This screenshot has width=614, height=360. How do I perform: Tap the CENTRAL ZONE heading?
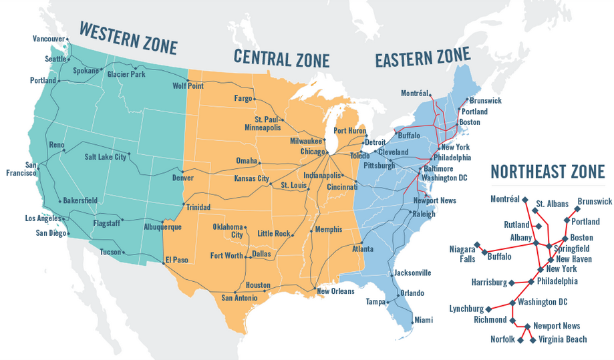coord(281,58)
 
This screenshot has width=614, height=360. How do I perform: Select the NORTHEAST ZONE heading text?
coord(547,171)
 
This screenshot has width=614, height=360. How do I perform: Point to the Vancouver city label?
coord(49,39)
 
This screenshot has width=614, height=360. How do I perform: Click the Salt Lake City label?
coord(105,157)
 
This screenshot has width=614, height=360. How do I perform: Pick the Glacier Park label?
coord(126,74)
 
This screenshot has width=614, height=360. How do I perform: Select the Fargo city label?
coord(243,98)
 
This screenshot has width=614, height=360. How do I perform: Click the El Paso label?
coord(176,260)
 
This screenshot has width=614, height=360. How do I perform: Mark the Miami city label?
coord(422,320)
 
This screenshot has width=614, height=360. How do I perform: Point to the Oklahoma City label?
coord(227,231)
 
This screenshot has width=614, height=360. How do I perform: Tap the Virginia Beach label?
coord(563,339)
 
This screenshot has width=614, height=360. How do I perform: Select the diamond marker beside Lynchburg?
coord(489,309)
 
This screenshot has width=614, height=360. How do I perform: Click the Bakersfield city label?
coord(80,200)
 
